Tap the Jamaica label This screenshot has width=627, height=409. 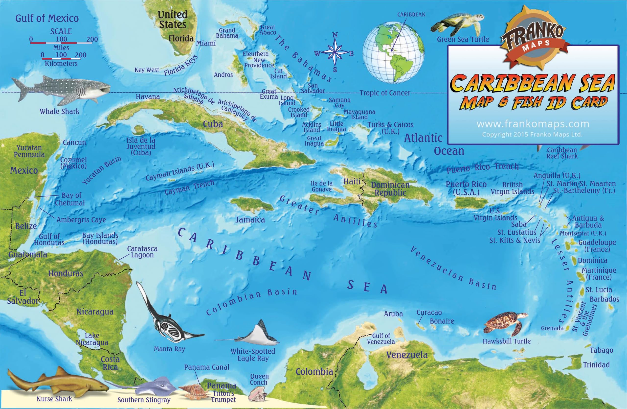(x=250, y=220)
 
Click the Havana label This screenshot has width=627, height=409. (x=148, y=97)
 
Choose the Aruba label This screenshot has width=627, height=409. (x=393, y=314)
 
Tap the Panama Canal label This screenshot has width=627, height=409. (x=206, y=367)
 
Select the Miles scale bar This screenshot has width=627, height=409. (x=61, y=42)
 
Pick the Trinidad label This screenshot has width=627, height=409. (x=596, y=365)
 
